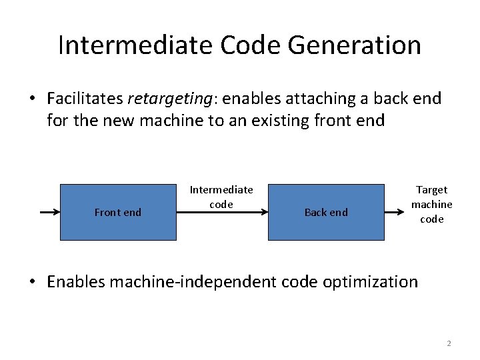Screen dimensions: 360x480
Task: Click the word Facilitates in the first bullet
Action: (85, 99)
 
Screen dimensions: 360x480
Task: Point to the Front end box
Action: (118, 212)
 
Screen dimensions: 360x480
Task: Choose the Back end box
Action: (326, 212)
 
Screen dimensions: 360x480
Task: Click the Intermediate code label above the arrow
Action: (221, 197)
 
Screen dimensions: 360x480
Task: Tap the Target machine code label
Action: (431, 204)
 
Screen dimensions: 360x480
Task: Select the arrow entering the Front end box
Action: (50, 212)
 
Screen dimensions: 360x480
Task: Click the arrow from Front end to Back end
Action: (222, 212)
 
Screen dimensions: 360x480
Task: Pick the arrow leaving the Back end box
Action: (397, 212)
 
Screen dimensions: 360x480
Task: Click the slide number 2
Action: (449, 343)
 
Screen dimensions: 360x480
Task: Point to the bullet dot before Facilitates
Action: (32, 99)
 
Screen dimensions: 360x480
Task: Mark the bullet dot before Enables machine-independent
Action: (32, 282)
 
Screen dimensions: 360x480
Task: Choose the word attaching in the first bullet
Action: (317, 99)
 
